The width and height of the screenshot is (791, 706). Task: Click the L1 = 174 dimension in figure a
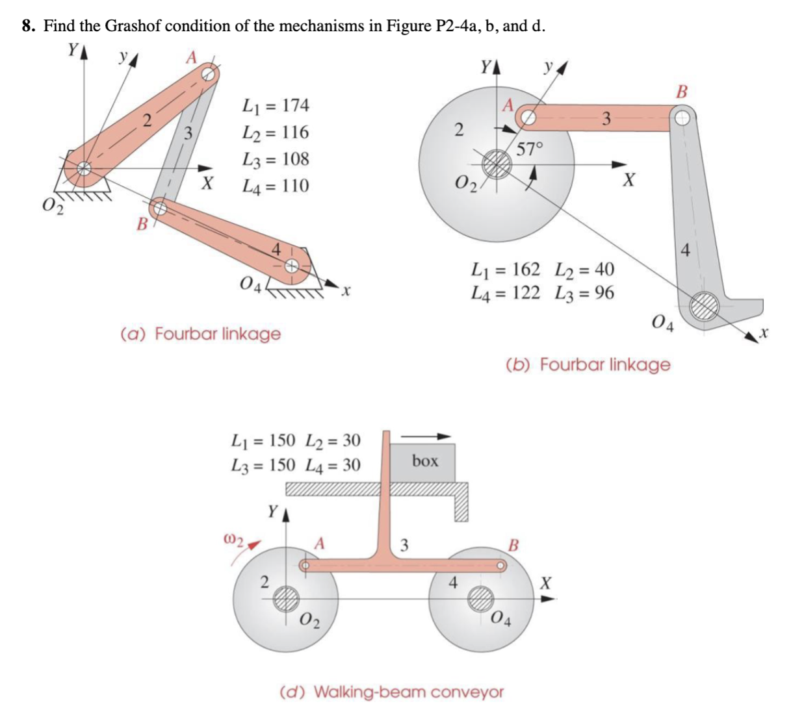pyautogui.click(x=275, y=105)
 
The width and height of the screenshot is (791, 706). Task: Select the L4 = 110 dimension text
pyautogui.click(x=275, y=186)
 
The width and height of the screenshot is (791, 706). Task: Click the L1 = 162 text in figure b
pyautogui.click(x=505, y=269)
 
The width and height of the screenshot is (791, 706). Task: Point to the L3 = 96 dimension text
pyautogui.click(x=584, y=293)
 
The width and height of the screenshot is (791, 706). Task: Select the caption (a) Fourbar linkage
pyautogui.click(x=201, y=334)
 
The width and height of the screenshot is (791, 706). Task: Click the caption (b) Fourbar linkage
pyautogui.click(x=588, y=364)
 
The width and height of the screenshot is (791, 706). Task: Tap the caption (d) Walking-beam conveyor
pyautogui.click(x=391, y=691)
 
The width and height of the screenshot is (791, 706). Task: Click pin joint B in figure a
pyautogui.click(x=159, y=208)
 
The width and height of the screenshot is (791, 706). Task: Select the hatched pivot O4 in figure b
pyautogui.click(x=704, y=305)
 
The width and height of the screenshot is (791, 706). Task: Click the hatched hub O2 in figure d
pyautogui.click(x=285, y=599)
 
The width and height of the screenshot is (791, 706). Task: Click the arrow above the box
pyautogui.click(x=426, y=436)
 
